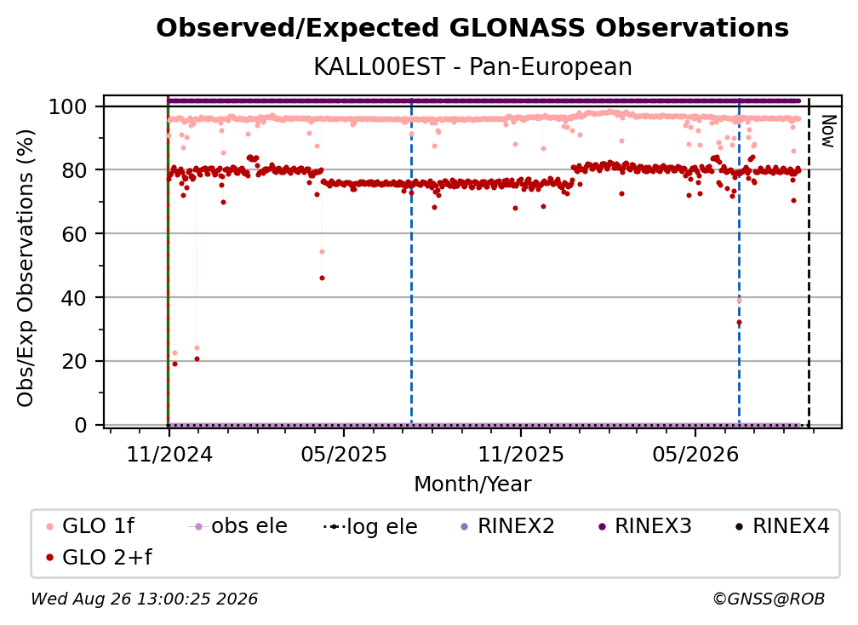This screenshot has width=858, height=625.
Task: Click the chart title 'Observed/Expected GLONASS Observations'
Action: (472, 28)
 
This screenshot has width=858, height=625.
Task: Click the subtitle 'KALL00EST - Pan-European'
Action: (472, 66)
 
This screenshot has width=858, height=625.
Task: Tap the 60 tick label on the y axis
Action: (74, 233)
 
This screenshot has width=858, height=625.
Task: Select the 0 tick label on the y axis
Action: (81, 425)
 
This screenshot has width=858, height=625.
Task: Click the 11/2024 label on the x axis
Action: (169, 454)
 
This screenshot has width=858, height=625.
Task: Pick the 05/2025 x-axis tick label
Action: (344, 454)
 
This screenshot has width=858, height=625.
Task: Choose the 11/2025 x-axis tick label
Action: (520, 454)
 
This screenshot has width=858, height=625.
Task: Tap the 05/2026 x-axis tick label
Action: (695, 454)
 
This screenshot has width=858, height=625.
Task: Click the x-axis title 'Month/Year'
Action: (472, 485)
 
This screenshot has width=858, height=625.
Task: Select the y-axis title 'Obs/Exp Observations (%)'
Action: (26, 268)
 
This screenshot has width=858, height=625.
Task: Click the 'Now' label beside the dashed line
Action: (829, 131)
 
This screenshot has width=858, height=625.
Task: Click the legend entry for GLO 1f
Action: (90, 526)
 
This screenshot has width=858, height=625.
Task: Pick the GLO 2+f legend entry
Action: (99, 557)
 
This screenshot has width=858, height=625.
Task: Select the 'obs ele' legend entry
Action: (237, 526)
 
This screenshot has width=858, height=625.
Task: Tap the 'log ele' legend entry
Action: (370, 526)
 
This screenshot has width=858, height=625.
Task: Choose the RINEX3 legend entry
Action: (645, 526)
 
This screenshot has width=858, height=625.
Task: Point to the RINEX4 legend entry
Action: (782, 526)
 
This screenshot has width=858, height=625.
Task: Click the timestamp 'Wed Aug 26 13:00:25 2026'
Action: (144, 599)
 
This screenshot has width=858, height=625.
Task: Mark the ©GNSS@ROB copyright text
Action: (769, 599)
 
